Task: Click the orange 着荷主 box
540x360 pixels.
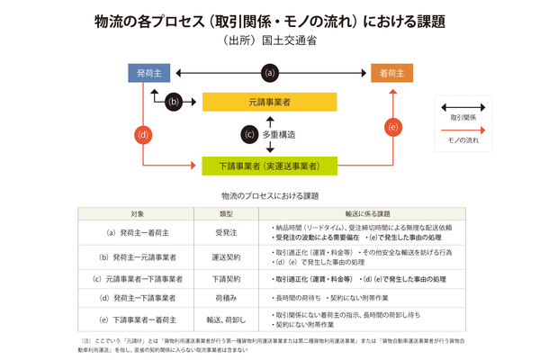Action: (x=391, y=72)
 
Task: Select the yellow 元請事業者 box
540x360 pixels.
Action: (x=269, y=102)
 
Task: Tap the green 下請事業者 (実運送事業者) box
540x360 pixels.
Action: (x=269, y=166)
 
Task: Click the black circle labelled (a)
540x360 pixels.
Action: (x=268, y=72)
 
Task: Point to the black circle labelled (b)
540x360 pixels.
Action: (x=175, y=101)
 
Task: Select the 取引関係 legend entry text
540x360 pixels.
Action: (x=464, y=117)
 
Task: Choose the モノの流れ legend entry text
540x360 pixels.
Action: (x=464, y=140)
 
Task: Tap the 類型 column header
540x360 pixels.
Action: (x=227, y=214)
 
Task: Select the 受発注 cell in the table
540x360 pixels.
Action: (x=227, y=232)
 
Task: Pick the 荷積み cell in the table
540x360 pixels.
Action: (x=227, y=296)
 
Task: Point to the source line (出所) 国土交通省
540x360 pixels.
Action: (x=269, y=40)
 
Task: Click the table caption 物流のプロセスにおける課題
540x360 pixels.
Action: (x=269, y=194)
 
